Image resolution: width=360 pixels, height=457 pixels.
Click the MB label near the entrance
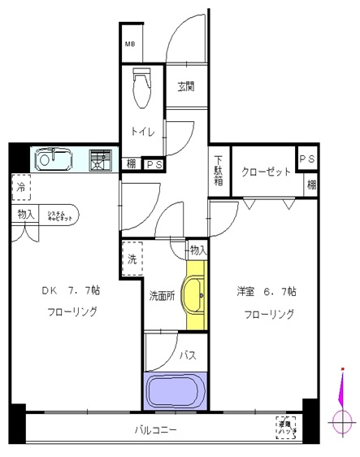coord(129,46)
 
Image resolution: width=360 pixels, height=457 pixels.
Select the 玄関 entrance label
coord(186,87)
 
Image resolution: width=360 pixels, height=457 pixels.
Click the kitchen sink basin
coord(55,159)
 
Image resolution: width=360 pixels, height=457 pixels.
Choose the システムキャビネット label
coord(59,215)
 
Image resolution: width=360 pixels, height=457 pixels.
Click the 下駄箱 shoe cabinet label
coord(219,170)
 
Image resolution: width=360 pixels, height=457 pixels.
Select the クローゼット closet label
coord(265,172)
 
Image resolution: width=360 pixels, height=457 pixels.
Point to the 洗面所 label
coord(162,296)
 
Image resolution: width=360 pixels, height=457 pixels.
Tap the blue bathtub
coord(176,392)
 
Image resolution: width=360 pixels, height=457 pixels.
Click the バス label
coord(186,355)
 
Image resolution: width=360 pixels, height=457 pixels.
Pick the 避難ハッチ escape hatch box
coord(285,428)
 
